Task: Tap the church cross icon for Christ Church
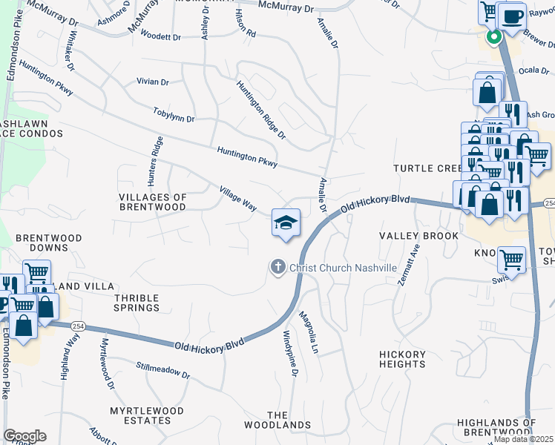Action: [x=278, y=267]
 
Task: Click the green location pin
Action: [x=493, y=36]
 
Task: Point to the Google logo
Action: [x=24, y=435]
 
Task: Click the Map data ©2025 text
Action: [x=524, y=439]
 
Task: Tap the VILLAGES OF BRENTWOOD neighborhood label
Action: [x=152, y=202]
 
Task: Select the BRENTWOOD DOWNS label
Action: [x=49, y=238]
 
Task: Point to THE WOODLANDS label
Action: [x=277, y=420]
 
